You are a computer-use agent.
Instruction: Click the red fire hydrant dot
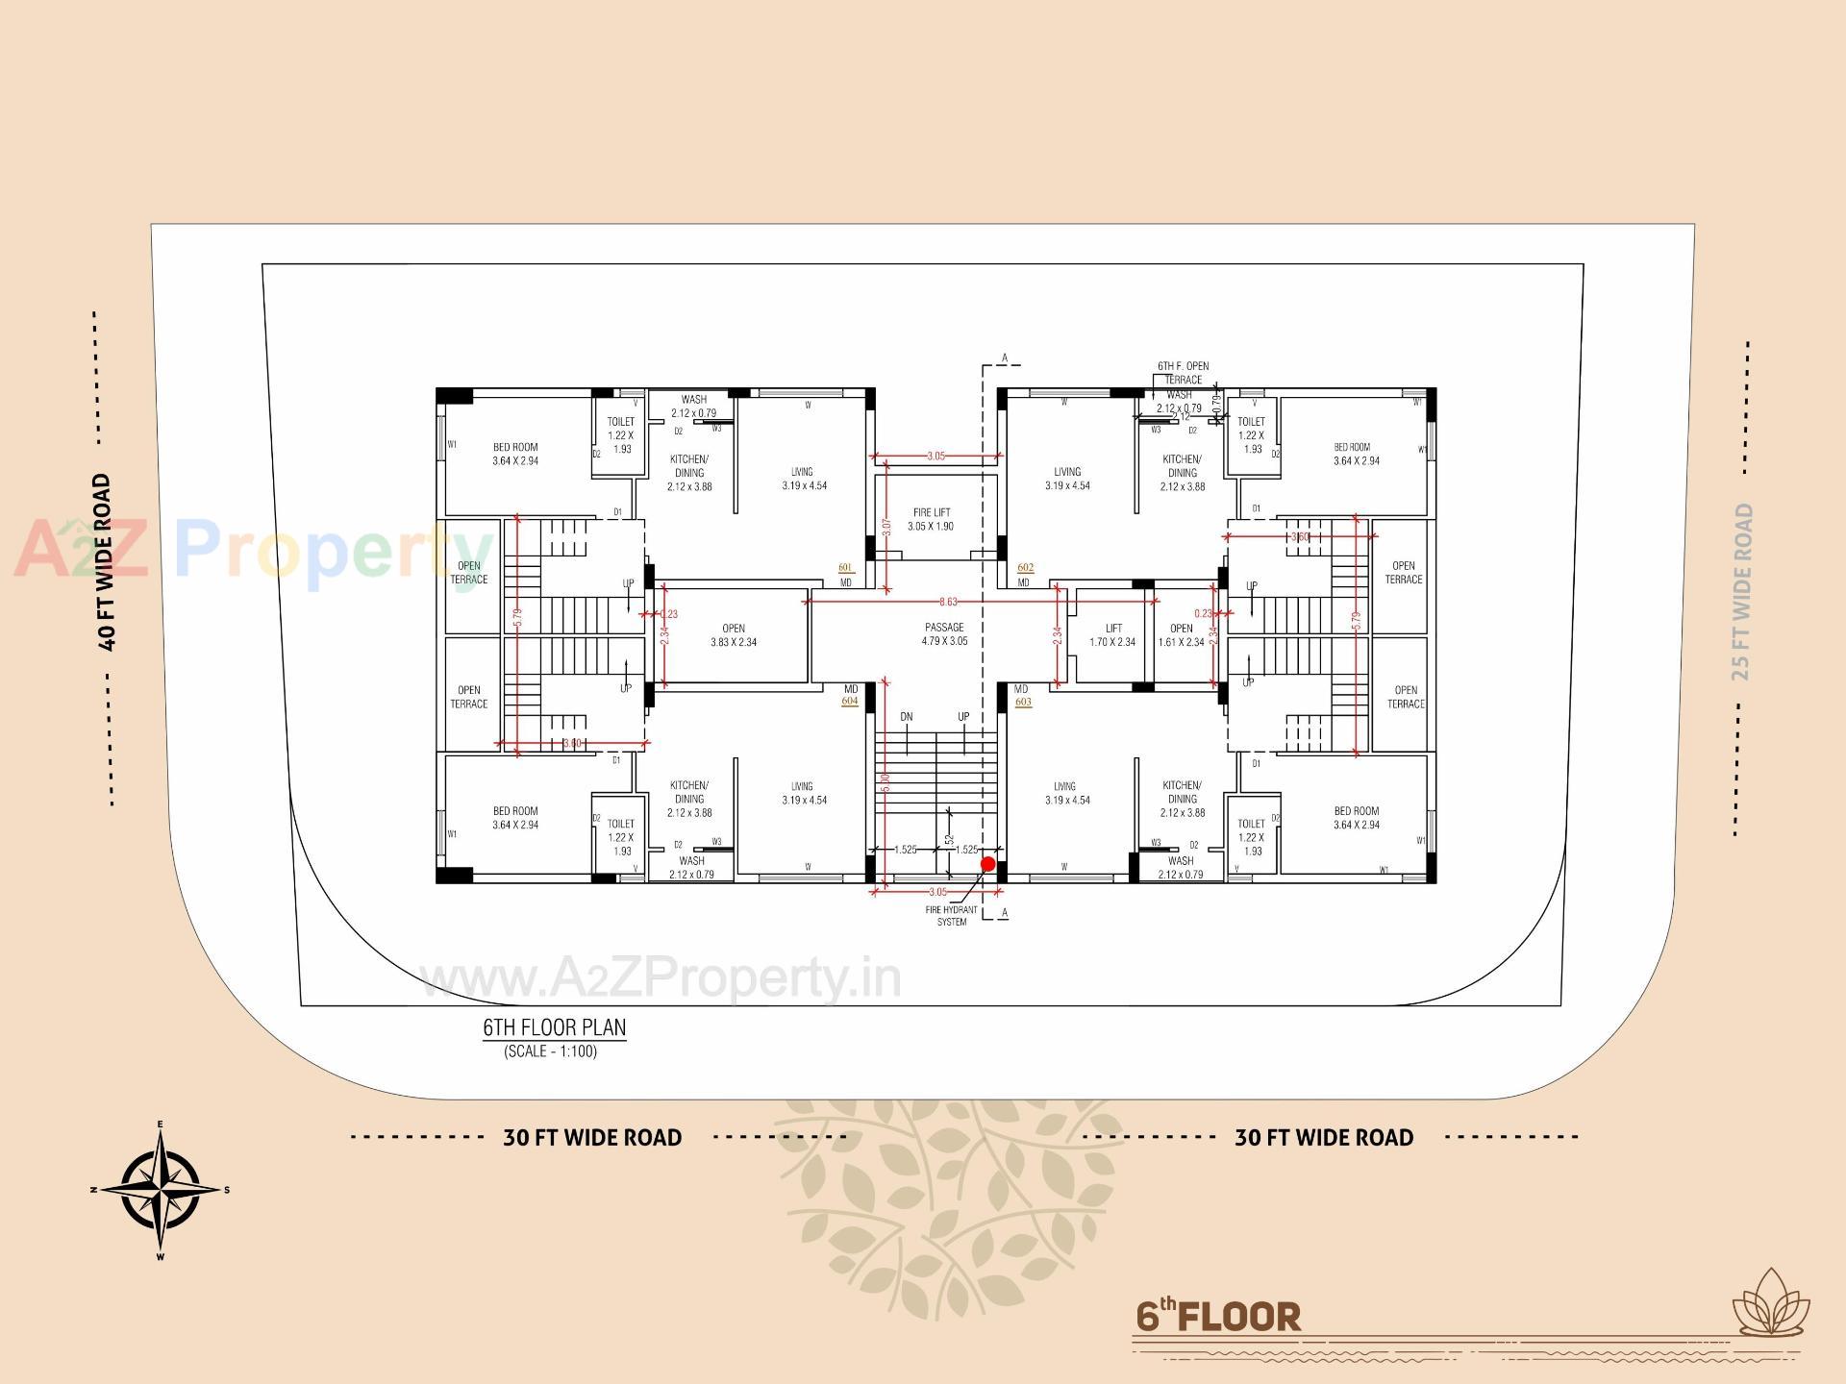tap(987, 864)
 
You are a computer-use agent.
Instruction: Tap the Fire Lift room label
tap(931, 520)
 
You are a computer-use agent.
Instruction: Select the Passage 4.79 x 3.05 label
tap(944, 634)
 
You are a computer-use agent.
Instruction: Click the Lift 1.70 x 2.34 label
tap(1112, 635)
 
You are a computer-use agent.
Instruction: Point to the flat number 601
tap(846, 568)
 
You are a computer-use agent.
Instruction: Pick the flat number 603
tap(1023, 703)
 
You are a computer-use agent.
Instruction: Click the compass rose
tap(162, 1190)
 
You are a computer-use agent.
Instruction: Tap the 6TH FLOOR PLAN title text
tap(554, 1027)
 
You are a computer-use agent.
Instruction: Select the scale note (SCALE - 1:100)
tap(550, 1051)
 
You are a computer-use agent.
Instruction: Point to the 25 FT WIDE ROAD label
tap(1742, 592)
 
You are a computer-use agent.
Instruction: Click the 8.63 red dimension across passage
tap(948, 603)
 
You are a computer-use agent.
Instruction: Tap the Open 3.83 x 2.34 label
tap(734, 635)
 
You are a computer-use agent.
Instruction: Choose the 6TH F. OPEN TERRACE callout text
tap(1183, 373)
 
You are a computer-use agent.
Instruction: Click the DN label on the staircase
tap(907, 717)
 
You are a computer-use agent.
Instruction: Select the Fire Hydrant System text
tap(952, 916)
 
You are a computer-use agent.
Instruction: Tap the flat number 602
tap(1025, 568)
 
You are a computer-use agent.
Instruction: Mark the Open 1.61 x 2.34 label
tap(1181, 635)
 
